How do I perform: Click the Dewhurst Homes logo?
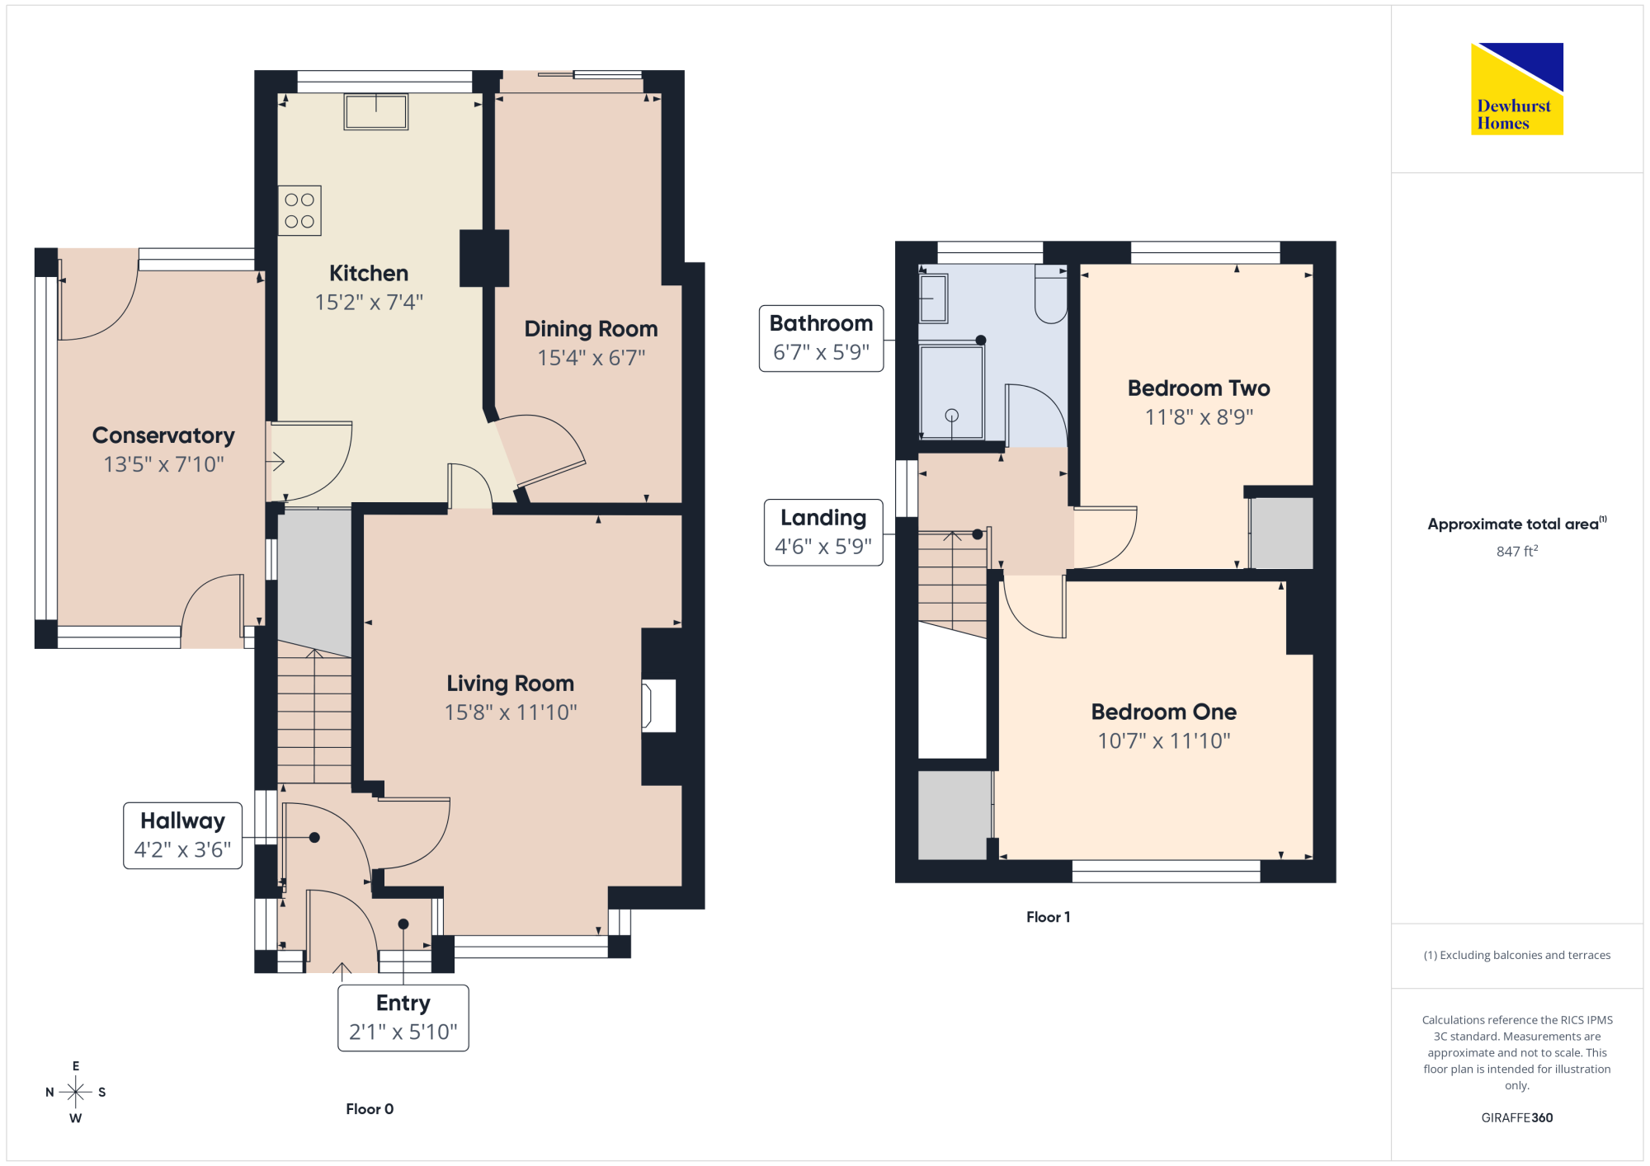point(1517,88)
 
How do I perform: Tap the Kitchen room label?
point(369,273)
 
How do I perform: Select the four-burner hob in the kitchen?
point(299,210)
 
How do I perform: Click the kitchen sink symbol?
point(376,112)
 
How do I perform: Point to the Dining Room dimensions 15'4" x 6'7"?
point(592,358)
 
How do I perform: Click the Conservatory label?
point(163,435)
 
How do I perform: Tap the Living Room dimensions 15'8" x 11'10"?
point(511,712)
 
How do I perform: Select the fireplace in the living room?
point(659,706)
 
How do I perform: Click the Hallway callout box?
point(183,835)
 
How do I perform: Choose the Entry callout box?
point(403,1018)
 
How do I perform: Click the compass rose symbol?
point(76,1092)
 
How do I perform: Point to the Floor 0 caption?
point(370,1109)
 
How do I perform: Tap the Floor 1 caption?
point(1049,917)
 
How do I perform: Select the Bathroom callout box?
point(822,338)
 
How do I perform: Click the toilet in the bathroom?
point(1051,294)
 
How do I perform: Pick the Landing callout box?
point(823,533)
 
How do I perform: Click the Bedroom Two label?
point(1199,388)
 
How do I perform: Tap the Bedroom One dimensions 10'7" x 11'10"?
point(1164,741)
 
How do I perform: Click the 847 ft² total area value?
point(1517,551)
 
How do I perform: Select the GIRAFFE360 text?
point(1517,1118)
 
